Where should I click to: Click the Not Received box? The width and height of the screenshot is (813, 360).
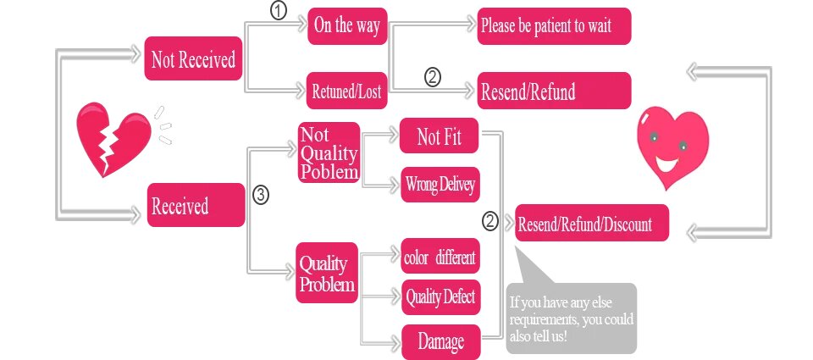(193, 59)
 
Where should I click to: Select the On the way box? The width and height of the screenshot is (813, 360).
(346, 26)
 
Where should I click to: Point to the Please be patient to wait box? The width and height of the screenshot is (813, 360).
(554, 26)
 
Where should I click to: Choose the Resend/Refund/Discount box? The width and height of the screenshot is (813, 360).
(592, 224)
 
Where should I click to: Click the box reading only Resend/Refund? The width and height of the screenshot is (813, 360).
(554, 91)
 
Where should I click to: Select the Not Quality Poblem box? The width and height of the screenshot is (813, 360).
(329, 153)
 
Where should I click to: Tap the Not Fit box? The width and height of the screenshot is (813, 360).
(440, 136)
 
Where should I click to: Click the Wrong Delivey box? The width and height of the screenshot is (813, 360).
(440, 183)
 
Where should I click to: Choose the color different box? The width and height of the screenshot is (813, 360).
(440, 257)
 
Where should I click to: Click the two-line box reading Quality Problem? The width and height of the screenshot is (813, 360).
(327, 273)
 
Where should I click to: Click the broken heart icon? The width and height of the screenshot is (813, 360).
(110, 138)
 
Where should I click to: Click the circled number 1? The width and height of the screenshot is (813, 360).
(277, 11)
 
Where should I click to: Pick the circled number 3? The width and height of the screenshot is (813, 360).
(262, 195)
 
